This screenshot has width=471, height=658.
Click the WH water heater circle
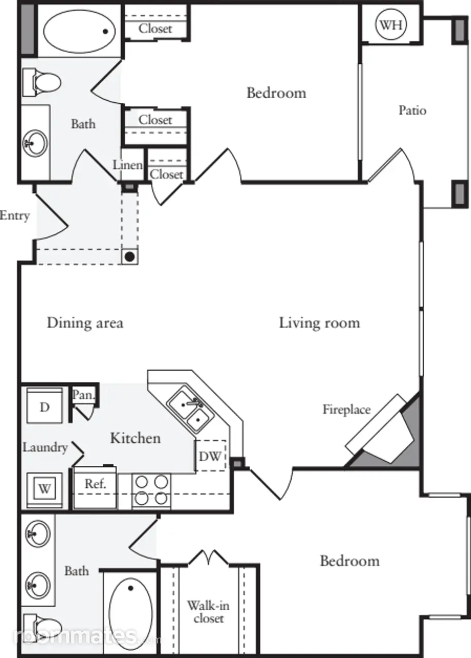click(390, 25)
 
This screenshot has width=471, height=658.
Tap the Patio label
click(412, 111)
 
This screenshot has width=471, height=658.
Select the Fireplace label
click(347, 410)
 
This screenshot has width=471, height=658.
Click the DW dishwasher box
click(211, 455)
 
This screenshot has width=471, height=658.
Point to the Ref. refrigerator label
click(96, 483)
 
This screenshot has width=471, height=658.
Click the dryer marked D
click(44, 406)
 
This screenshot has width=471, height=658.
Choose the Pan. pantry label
click(84, 394)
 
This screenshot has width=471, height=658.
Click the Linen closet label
click(128, 165)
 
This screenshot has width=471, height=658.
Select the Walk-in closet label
click(209, 612)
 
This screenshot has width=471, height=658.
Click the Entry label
click(15, 215)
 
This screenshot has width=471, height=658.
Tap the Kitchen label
click(135, 438)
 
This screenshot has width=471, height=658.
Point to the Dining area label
click(85, 323)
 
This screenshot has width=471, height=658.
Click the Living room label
click(319, 323)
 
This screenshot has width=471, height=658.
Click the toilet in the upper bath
click(42, 83)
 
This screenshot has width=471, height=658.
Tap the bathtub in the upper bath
click(79, 32)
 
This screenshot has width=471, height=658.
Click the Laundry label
click(45, 448)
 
